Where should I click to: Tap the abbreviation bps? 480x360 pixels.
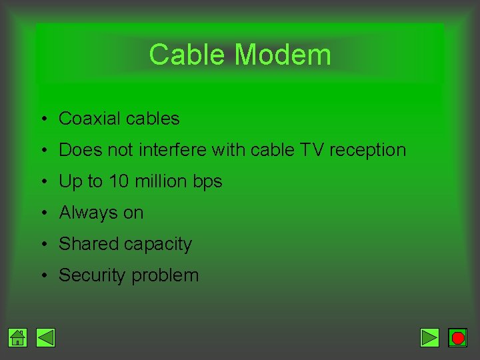[x=207, y=182]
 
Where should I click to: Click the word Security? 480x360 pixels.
[x=90, y=275]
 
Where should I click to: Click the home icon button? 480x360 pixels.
[x=18, y=338]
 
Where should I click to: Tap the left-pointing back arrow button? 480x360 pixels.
[x=45, y=338]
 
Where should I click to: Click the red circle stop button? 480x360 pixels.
[x=458, y=338]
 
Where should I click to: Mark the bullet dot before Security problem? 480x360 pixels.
[x=42, y=275]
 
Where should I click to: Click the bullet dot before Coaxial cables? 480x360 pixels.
[x=42, y=119]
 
